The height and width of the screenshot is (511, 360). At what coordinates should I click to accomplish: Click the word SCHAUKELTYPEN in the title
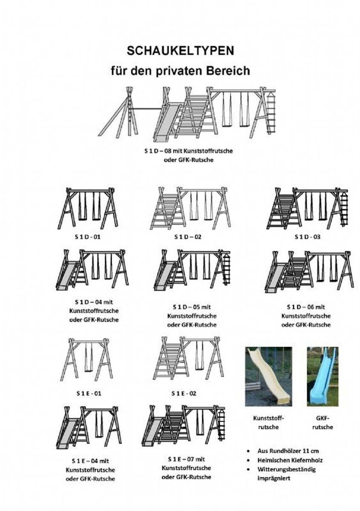pyautogui.click(x=180, y=51)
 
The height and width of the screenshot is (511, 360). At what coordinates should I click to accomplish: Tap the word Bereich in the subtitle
pyautogui.click(x=228, y=71)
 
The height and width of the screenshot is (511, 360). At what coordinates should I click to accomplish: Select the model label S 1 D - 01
pyautogui.click(x=88, y=237)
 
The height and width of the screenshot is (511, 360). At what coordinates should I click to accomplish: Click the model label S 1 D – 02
pyautogui.click(x=188, y=237)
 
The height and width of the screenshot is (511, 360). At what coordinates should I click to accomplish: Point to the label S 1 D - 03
pyautogui.click(x=308, y=237)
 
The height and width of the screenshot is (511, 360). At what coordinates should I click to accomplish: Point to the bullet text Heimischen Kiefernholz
pyautogui.click(x=290, y=460)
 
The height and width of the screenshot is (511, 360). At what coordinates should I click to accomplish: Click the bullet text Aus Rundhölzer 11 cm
pyautogui.click(x=288, y=451)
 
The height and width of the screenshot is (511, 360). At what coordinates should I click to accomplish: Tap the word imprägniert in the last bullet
pyautogui.click(x=274, y=478)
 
